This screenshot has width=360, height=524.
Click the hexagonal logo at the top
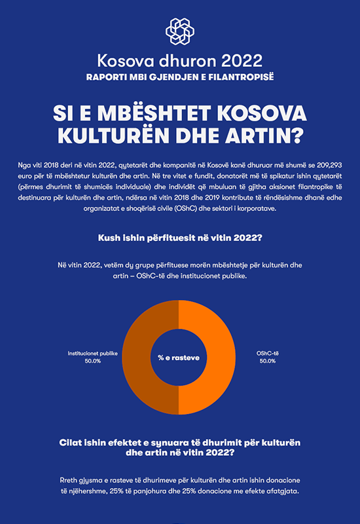pos(179,31)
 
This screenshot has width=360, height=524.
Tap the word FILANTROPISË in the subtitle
pos(241,77)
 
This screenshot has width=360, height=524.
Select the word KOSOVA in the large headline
pos(262,113)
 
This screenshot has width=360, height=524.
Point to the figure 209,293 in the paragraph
pos(329,165)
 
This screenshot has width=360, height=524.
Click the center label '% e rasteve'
pos(179,358)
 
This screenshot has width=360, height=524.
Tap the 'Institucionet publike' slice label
pos(92,353)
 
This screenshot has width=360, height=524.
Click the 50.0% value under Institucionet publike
pos(92,361)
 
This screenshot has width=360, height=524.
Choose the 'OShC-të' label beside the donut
pos(268,353)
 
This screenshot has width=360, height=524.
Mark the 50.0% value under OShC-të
pos(268,361)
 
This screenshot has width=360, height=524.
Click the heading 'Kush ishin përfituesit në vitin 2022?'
pos(180,238)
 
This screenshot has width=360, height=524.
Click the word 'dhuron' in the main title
pos(187,61)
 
